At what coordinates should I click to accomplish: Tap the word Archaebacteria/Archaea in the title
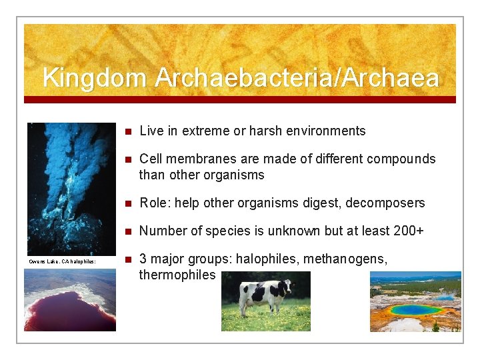tap(297, 78)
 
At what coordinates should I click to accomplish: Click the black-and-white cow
tap(265, 296)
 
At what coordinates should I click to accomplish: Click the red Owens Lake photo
tap(70, 300)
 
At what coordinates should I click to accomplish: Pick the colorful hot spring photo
tap(415, 301)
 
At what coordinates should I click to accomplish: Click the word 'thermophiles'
tap(177, 275)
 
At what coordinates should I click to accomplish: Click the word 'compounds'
tap(399, 159)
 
